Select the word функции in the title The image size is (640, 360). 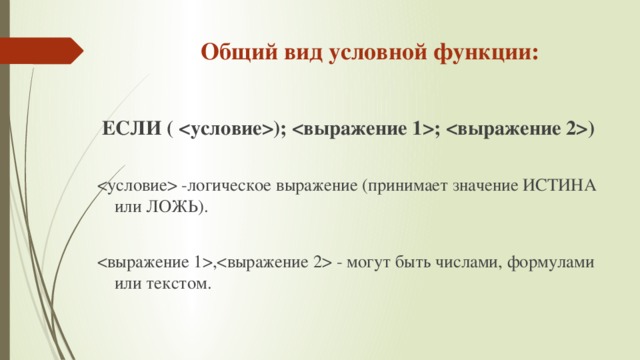pos(483,51)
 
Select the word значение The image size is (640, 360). pos(489,186)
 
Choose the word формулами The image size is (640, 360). pos(556,262)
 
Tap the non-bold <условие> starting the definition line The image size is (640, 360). pos(137,186)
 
